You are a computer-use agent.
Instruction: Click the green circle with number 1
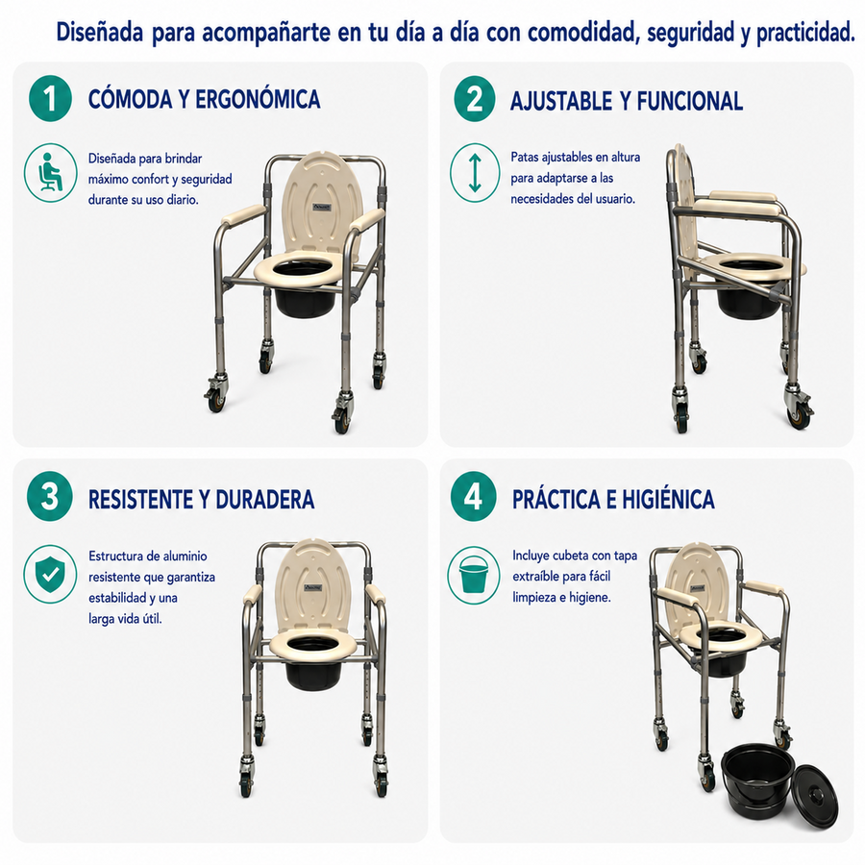point(50,98)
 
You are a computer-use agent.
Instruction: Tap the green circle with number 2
point(475,99)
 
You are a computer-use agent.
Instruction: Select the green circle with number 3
point(50,496)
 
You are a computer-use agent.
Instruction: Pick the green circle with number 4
point(473,497)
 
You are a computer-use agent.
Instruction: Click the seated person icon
point(50,173)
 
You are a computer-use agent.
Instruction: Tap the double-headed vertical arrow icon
point(475,173)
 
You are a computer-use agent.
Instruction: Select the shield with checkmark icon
point(50,575)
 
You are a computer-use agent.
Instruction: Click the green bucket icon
point(473,575)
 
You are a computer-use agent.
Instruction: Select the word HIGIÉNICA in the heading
point(668,499)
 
